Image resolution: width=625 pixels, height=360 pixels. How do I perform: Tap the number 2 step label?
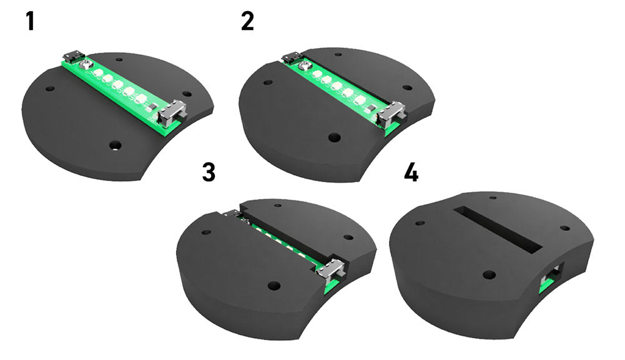click(247, 21)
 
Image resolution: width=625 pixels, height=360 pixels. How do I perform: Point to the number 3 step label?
click(209, 172)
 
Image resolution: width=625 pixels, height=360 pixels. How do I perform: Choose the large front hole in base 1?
click(114, 145)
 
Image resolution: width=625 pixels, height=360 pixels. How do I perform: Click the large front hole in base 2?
click(334, 137)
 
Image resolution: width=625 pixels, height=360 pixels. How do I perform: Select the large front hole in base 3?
click(272, 285)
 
